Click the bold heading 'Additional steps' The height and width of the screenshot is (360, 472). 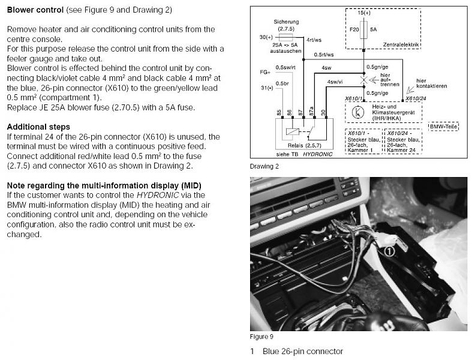38,127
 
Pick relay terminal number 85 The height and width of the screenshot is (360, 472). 279,112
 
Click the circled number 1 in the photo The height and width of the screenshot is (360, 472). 389,252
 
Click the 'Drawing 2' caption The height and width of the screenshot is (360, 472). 264,166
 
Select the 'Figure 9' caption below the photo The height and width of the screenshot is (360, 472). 261,337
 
